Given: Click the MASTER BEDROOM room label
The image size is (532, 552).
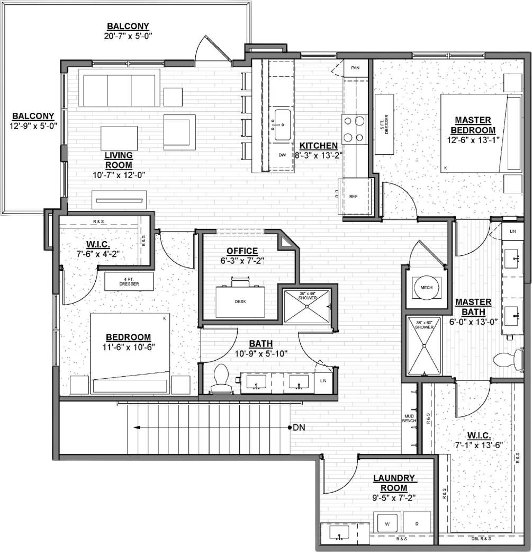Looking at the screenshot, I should (473, 125).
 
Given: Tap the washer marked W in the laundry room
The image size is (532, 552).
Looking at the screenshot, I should (387, 523).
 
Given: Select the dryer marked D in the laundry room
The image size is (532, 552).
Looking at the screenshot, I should (417, 523).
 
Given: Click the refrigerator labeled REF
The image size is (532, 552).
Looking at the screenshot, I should (354, 195).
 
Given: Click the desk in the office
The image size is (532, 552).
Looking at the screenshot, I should (240, 301).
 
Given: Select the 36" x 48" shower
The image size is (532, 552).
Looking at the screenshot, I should (306, 306).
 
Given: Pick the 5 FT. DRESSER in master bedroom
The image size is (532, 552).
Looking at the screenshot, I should (384, 124).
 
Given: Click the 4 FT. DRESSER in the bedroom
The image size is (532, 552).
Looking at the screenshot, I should (129, 281).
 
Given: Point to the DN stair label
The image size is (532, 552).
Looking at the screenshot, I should (299, 428).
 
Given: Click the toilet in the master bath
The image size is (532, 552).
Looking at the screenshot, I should (507, 360).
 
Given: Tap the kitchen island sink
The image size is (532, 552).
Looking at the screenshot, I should (282, 126).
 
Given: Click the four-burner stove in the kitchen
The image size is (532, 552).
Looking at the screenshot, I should (354, 129).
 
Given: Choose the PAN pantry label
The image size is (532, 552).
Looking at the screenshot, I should (355, 68).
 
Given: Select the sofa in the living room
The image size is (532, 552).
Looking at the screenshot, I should (119, 87).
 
